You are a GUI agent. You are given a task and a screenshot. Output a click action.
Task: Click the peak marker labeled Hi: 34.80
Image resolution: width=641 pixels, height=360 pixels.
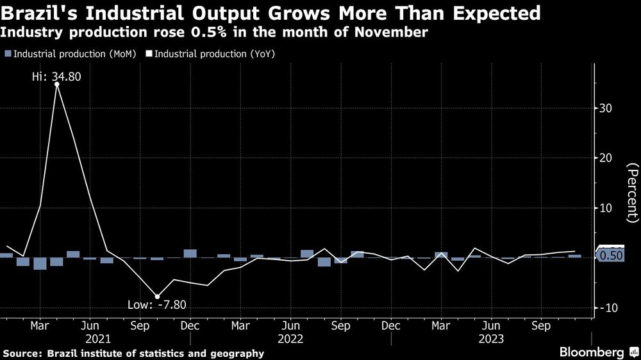(57, 84)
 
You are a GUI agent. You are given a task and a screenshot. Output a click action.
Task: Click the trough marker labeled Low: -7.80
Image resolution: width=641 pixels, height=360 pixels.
(157, 297)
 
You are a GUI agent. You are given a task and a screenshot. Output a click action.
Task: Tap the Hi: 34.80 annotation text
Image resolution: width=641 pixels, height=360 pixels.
(57, 77)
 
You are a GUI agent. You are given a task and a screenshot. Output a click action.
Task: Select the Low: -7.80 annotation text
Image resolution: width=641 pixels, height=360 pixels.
(162, 305)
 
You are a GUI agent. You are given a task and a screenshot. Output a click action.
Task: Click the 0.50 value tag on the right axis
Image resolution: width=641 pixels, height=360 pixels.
(610, 256)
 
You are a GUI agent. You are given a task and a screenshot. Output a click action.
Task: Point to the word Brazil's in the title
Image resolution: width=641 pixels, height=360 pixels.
(39, 13)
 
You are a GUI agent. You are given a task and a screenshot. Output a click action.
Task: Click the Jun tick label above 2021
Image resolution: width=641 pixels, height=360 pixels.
(90, 324)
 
